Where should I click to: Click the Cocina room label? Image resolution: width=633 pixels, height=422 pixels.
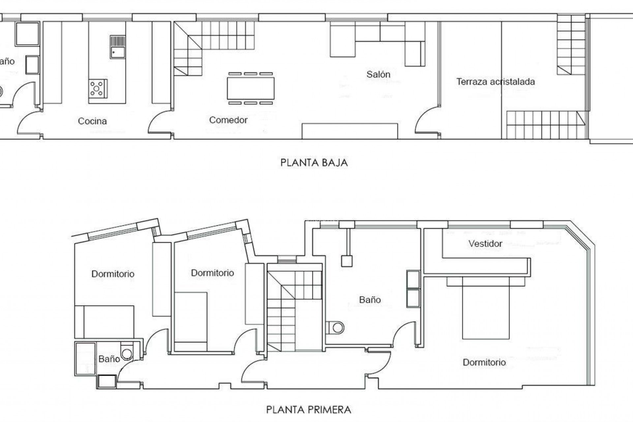point(92,121)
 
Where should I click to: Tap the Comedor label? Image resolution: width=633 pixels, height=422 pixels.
point(228,120)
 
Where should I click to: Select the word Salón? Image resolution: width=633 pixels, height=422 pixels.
point(378,75)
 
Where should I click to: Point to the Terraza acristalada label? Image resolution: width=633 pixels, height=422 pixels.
point(495,82)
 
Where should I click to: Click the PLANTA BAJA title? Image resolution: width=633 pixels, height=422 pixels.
point(314,163)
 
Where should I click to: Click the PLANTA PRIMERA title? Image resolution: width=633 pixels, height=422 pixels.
point(309,410)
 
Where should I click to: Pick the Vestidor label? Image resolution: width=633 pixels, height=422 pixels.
point(485,244)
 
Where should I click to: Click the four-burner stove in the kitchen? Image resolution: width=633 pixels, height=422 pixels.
point(98,88)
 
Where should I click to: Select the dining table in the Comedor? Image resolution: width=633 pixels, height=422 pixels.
point(251,88)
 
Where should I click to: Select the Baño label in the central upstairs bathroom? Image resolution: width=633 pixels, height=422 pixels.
point(370,300)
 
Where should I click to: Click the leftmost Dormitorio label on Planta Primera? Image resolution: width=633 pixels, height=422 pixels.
point(113,274)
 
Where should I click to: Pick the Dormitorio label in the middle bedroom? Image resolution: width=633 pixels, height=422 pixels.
point(212,273)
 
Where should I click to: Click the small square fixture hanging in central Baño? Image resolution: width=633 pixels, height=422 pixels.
point(347,261)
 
